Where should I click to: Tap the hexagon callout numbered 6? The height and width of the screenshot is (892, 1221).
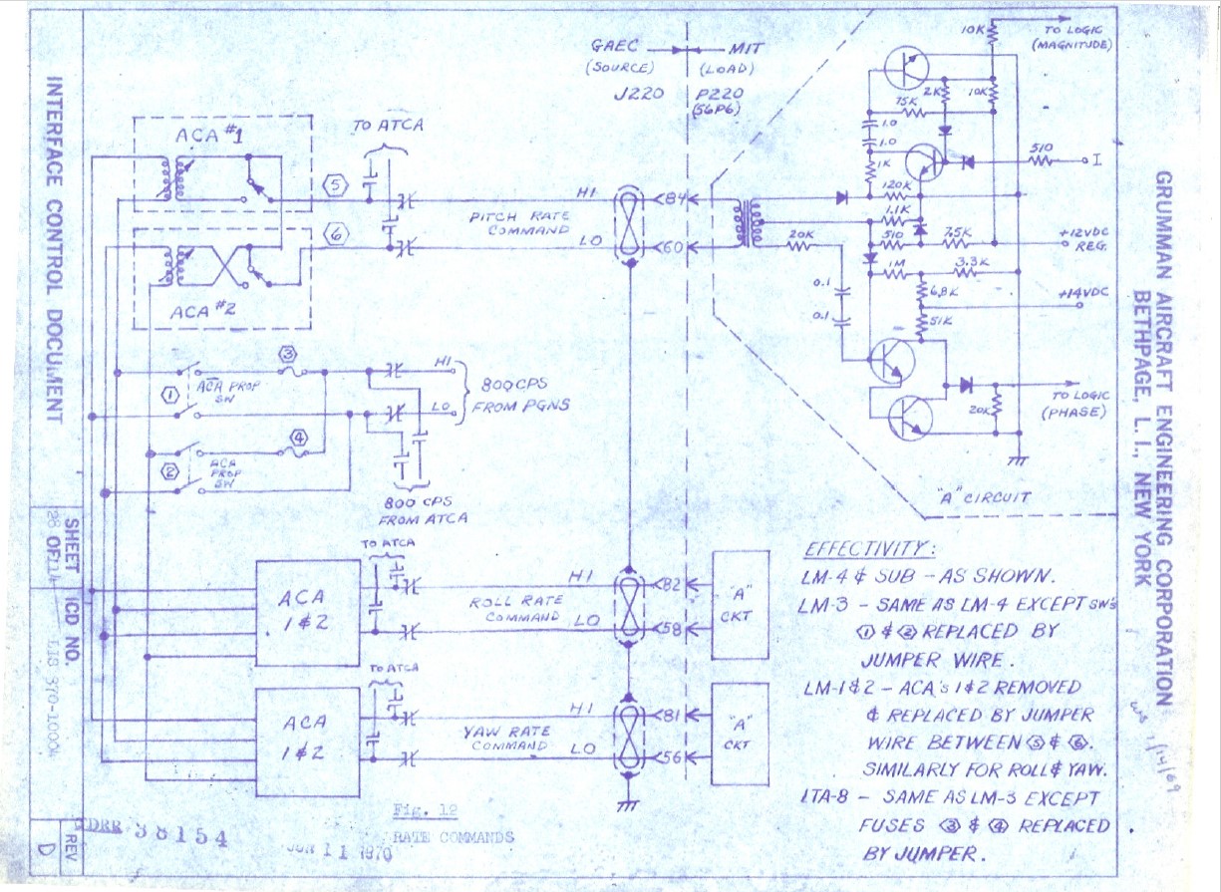coord(336,236)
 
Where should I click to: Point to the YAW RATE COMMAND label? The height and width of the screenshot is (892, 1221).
coord(507,738)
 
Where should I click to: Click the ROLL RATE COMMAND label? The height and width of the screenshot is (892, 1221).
coord(513,608)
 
